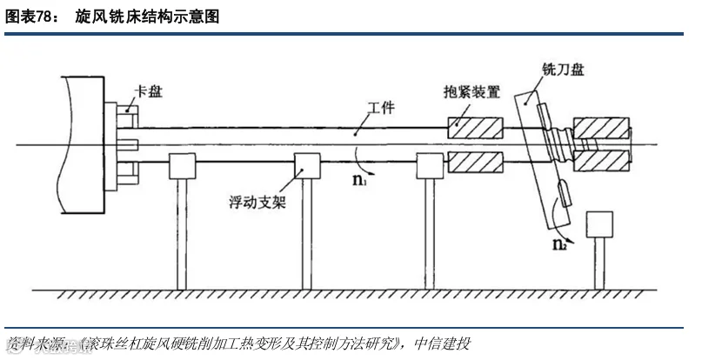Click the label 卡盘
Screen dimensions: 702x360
tap(149, 92)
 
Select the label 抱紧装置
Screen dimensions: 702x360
tap(471, 92)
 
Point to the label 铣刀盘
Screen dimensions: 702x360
tap(563, 70)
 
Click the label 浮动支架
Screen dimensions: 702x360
tap(257, 203)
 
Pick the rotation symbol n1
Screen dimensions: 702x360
tap(359, 179)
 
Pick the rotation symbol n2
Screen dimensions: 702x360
tap(559, 244)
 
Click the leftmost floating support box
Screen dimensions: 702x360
tap(182, 166)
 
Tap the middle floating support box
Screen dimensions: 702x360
tap(307, 166)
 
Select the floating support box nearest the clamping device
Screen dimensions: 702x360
tap(430, 166)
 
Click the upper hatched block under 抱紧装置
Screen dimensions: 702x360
tap(476, 128)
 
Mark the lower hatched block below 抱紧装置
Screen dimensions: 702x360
tap(476, 162)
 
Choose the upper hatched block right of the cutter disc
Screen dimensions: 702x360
tap(601, 128)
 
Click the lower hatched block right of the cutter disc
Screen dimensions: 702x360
tap(601, 161)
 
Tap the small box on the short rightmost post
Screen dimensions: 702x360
tap(599, 224)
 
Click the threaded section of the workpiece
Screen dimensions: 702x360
tap(559, 144)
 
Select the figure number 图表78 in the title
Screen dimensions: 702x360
tap(27, 17)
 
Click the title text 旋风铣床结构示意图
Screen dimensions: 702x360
tap(147, 17)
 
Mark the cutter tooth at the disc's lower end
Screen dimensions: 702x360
tap(565, 193)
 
